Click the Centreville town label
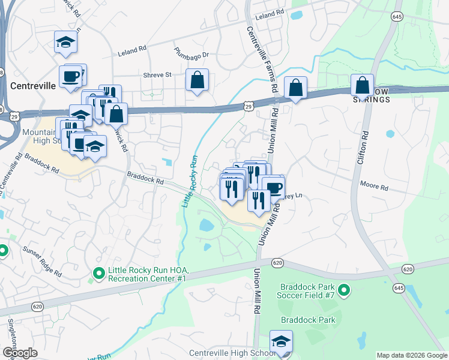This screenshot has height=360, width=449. pos(33,85)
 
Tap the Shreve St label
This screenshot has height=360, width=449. pos(157,75)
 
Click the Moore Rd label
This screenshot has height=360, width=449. pos(374,187)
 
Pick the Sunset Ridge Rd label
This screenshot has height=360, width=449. pos(42,261)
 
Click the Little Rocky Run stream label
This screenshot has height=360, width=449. pos(190,182)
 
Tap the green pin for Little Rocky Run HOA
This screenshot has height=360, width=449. pos(98,275)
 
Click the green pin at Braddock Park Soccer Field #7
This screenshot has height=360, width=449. pos(343,291)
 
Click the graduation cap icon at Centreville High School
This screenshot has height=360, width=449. pos(281,341)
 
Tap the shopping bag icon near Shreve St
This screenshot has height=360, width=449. pos(197,80)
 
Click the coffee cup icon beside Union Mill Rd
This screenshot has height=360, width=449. pos(273,187)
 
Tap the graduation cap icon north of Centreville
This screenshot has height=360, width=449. pos(65,42)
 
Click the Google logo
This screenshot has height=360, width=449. pos(20,353)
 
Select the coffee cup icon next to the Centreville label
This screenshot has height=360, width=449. pos(70,76)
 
